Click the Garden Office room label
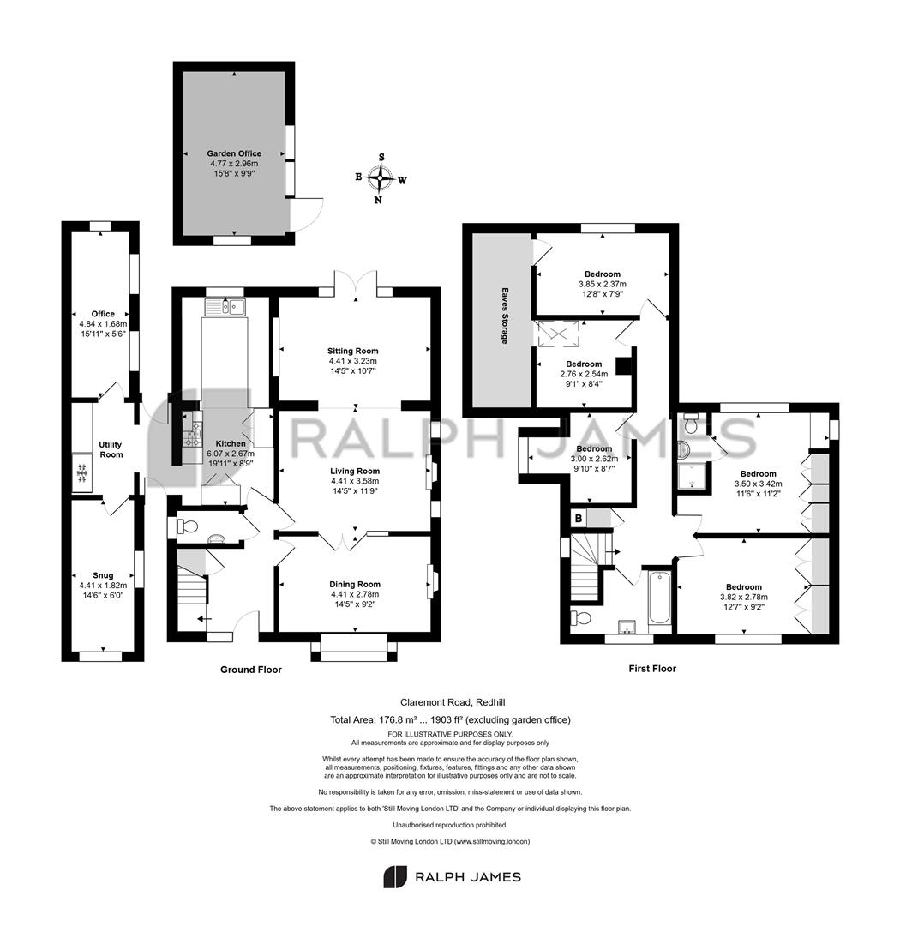(234, 153)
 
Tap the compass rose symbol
(379, 177)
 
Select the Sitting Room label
(352, 351)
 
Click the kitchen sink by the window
(225, 307)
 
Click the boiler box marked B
(579, 519)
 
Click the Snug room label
(103, 575)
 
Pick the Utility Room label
(111, 449)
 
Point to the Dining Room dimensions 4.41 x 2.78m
(354, 594)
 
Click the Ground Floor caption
(251, 670)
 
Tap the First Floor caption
(652, 669)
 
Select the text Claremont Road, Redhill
(453, 702)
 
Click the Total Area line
(450, 720)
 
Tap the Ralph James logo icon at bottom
(395, 877)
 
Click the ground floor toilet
(188, 526)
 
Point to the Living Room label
(354, 472)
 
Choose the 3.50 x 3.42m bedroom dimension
(759, 484)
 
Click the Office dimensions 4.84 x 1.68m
(103, 323)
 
